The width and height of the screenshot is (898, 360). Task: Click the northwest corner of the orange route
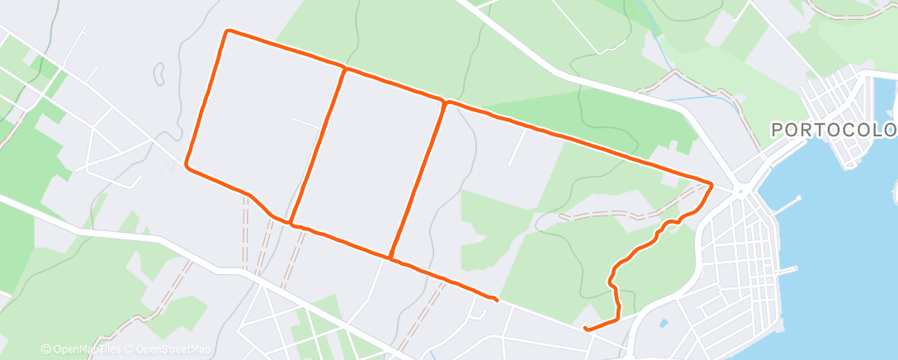(x=228, y=31)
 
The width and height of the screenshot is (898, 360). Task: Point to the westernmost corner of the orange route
(x=187, y=163)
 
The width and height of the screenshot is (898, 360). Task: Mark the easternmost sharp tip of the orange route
(x=711, y=182)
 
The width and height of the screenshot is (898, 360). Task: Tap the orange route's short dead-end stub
(x=494, y=299)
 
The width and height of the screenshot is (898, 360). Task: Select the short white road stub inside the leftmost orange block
(x=305, y=123)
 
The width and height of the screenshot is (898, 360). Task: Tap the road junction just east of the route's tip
(x=742, y=192)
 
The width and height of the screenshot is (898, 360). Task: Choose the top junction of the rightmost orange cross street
(x=446, y=102)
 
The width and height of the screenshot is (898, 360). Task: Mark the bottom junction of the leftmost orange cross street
(x=291, y=222)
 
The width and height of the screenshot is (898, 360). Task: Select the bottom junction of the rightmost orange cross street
(x=391, y=258)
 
